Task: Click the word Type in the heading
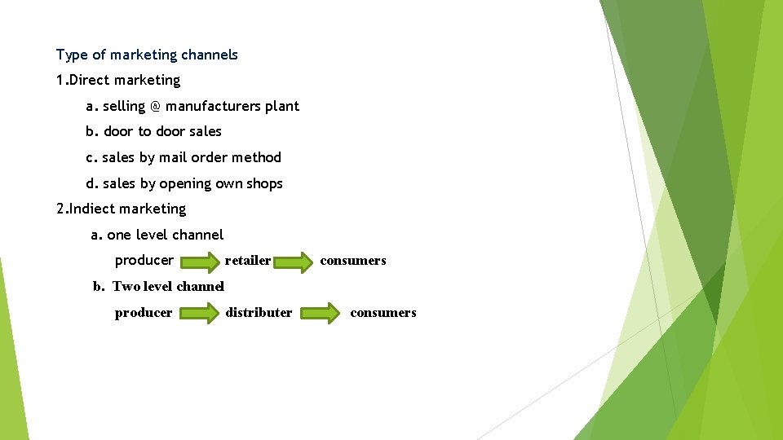click(x=71, y=55)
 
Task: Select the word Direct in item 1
click(x=91, y=80)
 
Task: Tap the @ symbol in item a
click(x=156, y=106)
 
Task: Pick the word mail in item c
click(x=173, y=157)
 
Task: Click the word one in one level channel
click(x=118, y=235)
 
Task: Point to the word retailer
click(x=248, y=261)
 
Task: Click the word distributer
click(x=259, y=313)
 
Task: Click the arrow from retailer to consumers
click(x=294, y=262)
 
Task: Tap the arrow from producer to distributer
click(x=199, y=314)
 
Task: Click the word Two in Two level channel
click(x=126, y=286)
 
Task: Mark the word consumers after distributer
click(x=383, y=313)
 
